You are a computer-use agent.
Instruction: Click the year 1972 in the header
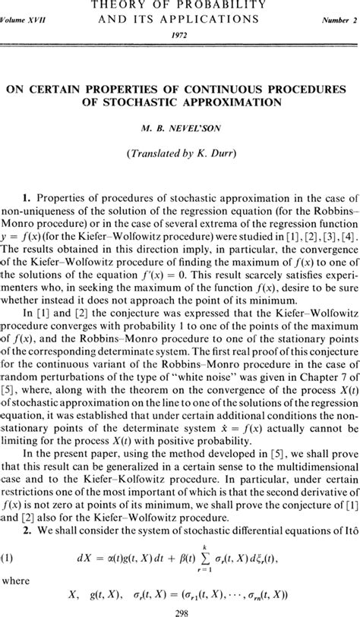[180, 34]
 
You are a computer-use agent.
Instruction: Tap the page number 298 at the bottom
[180, 608]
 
